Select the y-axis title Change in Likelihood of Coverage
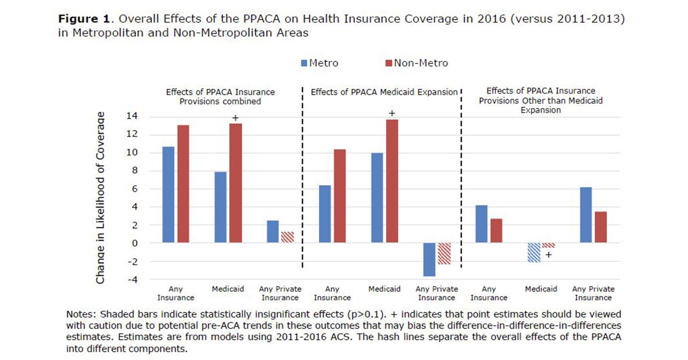[x=100, y=198]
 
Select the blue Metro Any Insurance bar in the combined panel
[x=168, y=195]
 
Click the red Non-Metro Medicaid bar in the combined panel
[x=234, y=183]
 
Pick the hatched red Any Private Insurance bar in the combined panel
[x=287, y=237]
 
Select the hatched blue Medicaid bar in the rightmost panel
[x=534, y=252]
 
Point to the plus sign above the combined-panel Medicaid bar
[x=234, y=118]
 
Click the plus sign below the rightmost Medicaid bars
[x=548, y=255]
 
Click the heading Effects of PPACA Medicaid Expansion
[x=384, y=92]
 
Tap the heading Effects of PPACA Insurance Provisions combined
[x=220, y=96]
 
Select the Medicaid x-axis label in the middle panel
[x=384, y=289]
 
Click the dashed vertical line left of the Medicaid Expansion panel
[x=302, y=178]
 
